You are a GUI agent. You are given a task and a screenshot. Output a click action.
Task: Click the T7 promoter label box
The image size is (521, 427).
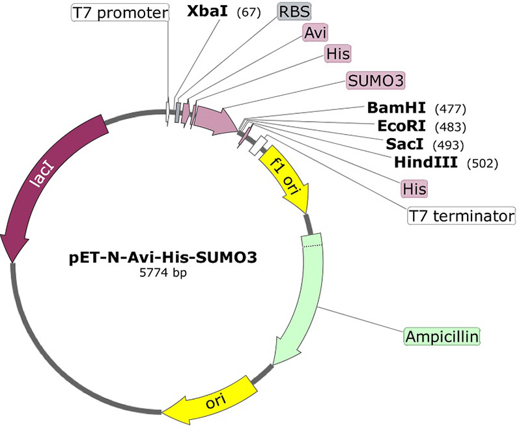[x=120, y=13]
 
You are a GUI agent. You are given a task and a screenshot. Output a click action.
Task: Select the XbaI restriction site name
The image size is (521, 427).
[x=207, y=12]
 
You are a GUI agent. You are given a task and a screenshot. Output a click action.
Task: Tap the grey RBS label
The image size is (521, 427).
[x=294, y=12]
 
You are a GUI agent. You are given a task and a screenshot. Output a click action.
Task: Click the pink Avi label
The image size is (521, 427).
[x=315, y=33]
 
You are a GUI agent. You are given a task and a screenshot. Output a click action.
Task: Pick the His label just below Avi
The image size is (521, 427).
[x=337, y=53]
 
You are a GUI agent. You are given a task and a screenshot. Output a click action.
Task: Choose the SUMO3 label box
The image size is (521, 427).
[x=376, y=81]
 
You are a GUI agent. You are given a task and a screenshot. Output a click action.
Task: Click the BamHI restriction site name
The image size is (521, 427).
[x=397, y=108]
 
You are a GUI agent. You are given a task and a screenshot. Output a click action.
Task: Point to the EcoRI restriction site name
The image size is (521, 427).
[x=402, y=126]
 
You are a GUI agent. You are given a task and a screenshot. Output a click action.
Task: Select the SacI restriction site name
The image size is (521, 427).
[x=404, y=145]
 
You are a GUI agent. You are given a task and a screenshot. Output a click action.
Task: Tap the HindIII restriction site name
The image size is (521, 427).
[x=426, y=163]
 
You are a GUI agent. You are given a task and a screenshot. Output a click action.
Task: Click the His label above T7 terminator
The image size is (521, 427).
[x=414, y=189]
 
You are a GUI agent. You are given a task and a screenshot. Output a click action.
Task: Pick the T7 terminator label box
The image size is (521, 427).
[x=462, y=216]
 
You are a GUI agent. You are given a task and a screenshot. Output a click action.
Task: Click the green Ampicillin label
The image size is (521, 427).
[x=442, y=337]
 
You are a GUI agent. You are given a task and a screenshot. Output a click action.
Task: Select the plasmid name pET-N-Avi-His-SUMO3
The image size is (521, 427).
[x=163, y=258]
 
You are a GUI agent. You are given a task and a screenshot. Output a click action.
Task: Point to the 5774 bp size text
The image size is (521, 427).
[x=163, y=273]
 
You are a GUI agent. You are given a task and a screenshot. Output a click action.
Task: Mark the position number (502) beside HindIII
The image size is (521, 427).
[x=483, y=163]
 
